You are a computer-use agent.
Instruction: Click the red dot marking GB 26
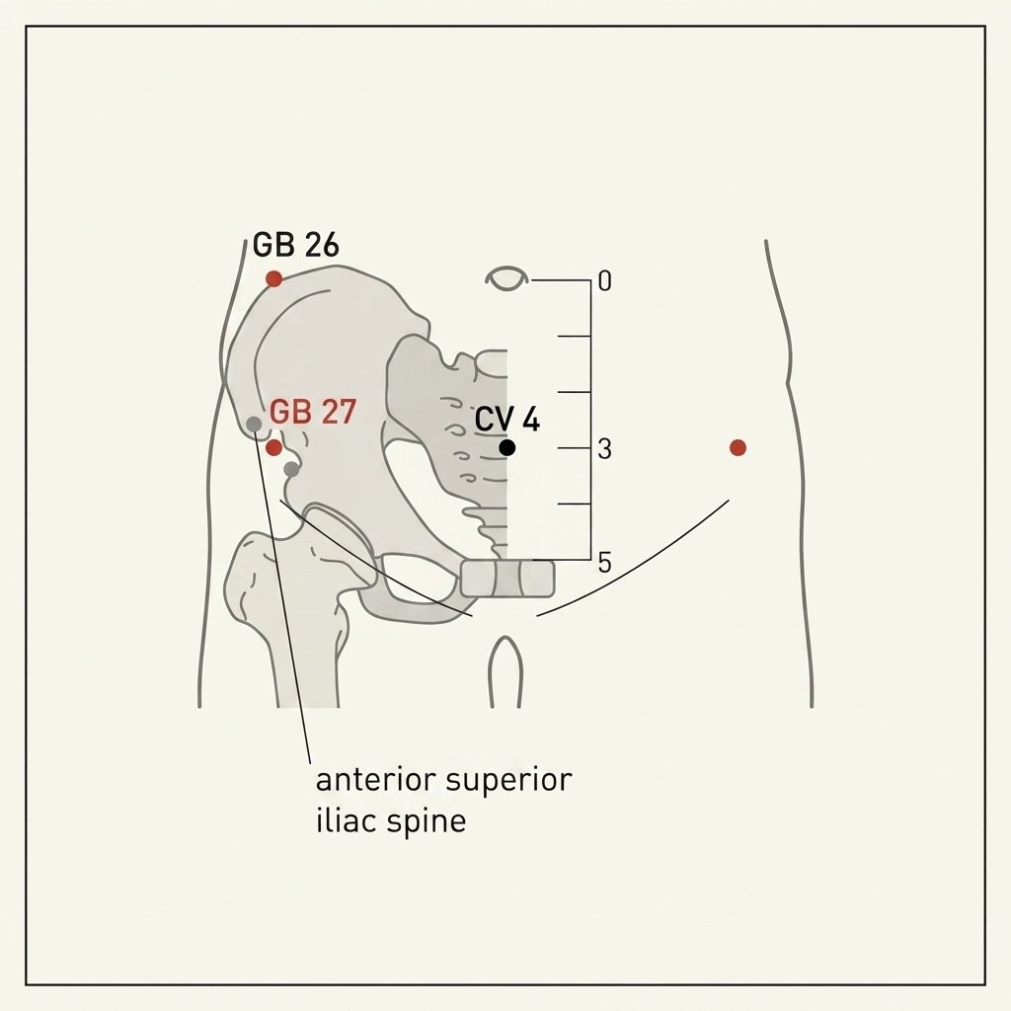274,279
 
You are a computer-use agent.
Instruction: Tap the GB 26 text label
296,245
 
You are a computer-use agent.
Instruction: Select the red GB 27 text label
313,412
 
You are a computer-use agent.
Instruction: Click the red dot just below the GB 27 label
274,447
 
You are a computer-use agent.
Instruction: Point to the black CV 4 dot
507,447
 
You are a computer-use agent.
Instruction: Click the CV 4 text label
507,420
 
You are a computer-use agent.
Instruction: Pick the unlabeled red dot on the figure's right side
739,447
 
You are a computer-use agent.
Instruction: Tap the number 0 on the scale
605,281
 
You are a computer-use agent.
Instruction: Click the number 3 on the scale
604,449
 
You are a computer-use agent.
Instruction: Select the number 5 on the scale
604,563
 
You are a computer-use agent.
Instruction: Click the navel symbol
507,278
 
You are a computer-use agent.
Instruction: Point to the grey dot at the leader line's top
255,424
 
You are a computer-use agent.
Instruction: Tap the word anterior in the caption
374,780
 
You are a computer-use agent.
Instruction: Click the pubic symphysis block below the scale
507,579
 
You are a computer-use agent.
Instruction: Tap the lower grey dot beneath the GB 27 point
291,469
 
